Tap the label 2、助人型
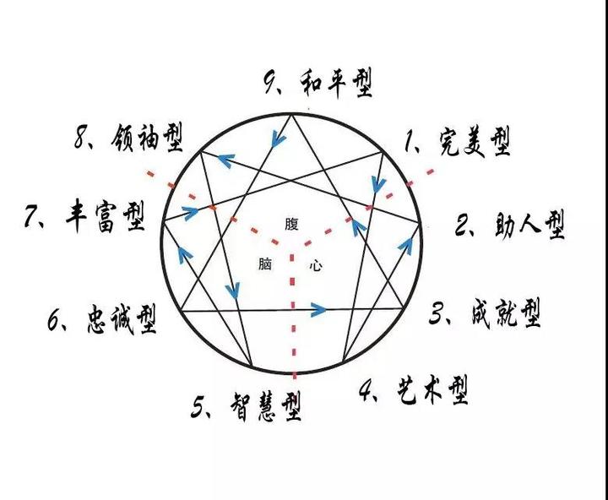click(x=509, y=226)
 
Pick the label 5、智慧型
click(x=246, y=408)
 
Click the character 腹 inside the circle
click(x=291, y=224)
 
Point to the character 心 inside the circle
click(x=315, y=264)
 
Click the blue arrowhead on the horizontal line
click(x=318, y=310)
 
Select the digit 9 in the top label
click(x=270, y=83)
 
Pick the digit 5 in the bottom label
click(x=199, y=408)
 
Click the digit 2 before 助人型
click(x=463, y=226)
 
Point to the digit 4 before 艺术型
click(x=366, y=390)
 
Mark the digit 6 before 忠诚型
click(x=55, y=320)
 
